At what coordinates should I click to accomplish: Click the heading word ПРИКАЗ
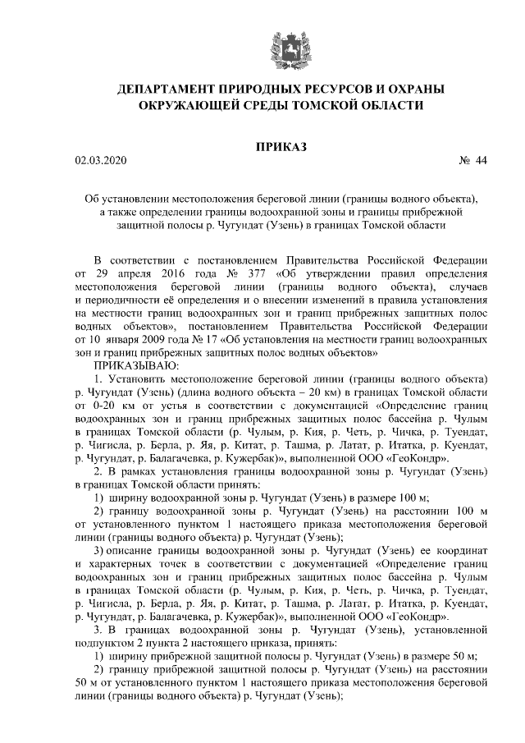coord(281,146)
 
